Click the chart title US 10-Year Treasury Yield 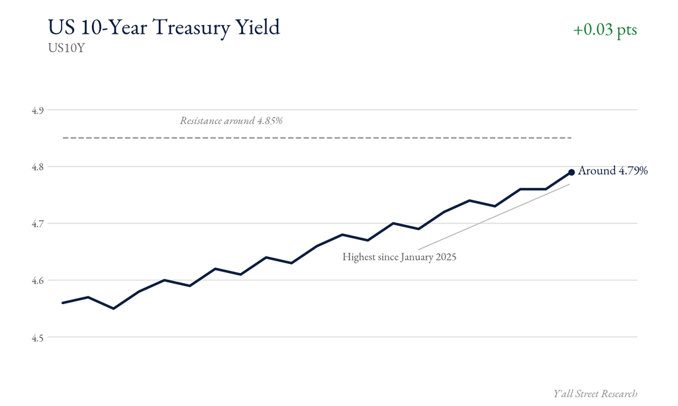164,28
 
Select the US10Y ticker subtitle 66,48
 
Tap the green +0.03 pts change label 605,29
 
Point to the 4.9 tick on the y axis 38,110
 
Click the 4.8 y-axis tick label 38,167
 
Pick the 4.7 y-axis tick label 38,223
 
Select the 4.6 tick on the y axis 38,280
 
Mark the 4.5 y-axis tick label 38,337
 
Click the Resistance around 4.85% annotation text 231,120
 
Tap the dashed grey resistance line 317,138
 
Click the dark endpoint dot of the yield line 571,173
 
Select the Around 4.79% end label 612,171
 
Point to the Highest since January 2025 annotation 399,257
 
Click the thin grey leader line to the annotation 494,217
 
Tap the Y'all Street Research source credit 595,393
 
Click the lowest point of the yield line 113,308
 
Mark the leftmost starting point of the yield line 63,303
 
